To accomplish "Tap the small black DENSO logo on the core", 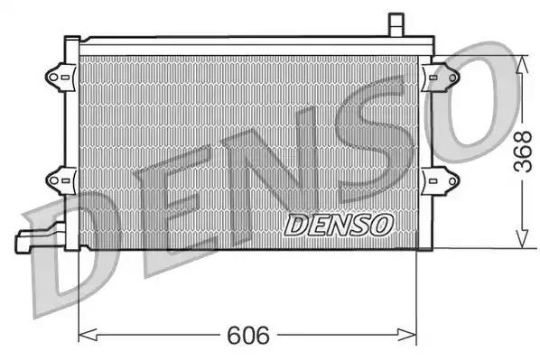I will [x=338, y=225].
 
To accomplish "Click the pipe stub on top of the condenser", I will [x=395, y=23].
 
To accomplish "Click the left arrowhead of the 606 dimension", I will [x=87, y=337].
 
